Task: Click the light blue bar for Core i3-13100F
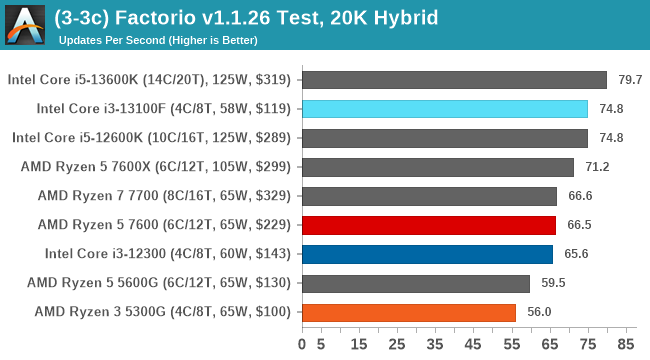444,109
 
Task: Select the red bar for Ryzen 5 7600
428,225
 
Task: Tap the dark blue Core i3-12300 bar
426,254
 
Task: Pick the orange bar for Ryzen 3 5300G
408,312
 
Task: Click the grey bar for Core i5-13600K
453,80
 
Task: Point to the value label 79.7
630,80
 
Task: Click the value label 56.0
540,312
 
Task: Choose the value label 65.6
577,254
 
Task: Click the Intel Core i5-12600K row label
151,138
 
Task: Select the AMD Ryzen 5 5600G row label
159,283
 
